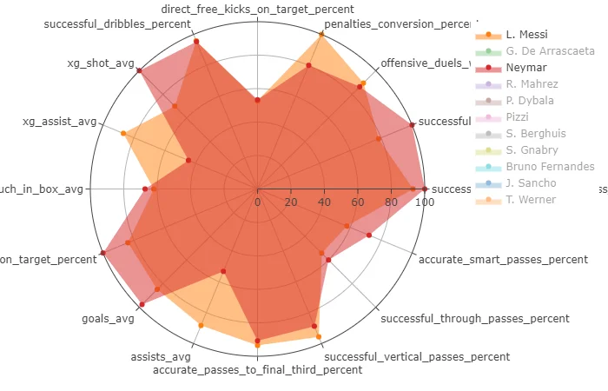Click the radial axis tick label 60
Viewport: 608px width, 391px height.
point(357,202)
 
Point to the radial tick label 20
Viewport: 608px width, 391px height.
point(290,202)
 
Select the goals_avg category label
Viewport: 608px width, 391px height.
point(108,319)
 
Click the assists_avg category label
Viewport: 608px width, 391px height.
point(161,356)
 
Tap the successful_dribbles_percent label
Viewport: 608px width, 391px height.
point(117,23)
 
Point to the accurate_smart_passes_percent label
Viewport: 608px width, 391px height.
point(503,259)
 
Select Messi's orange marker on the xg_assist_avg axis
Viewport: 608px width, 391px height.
point(123,133)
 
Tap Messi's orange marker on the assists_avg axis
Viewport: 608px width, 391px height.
point(201,326)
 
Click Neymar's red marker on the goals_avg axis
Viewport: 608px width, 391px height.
point(142,305)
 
